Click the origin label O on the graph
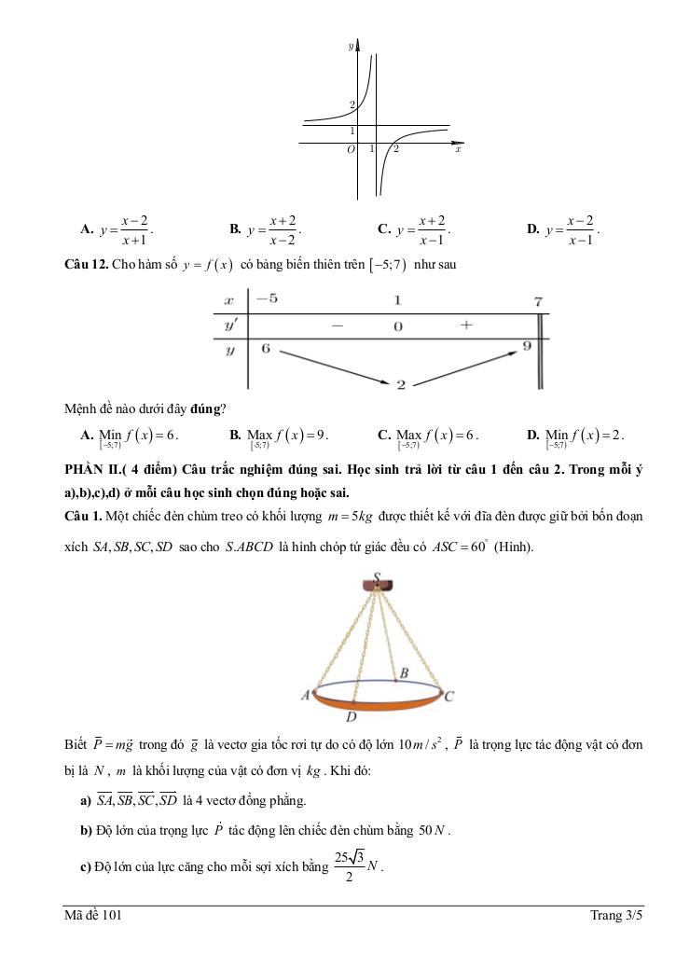tap(351, 149)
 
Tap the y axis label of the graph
tap(351, 45)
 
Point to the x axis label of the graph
tap(458, 149)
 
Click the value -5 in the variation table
tap(267, 299)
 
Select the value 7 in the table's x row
tap(538, 301)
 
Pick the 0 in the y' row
tap(397, 326)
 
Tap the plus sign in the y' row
tap(466, 325)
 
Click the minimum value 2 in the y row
tap(400, 384)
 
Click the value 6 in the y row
tap(265, 348)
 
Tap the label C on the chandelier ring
tap(449, 696)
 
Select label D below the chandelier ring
tap(352, 718)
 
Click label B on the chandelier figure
tap(404, 672)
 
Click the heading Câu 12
tap(85, 265)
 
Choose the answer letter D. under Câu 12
tap(533, 435)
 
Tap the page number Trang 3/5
tap(616, 916)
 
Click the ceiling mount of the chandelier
tap(378, 587)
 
